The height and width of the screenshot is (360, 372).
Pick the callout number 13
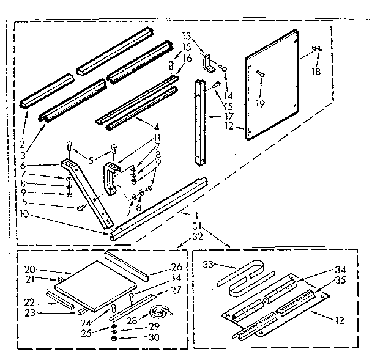click(x=187, y=35)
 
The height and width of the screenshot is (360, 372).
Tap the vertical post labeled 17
click(x=199, y=122)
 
